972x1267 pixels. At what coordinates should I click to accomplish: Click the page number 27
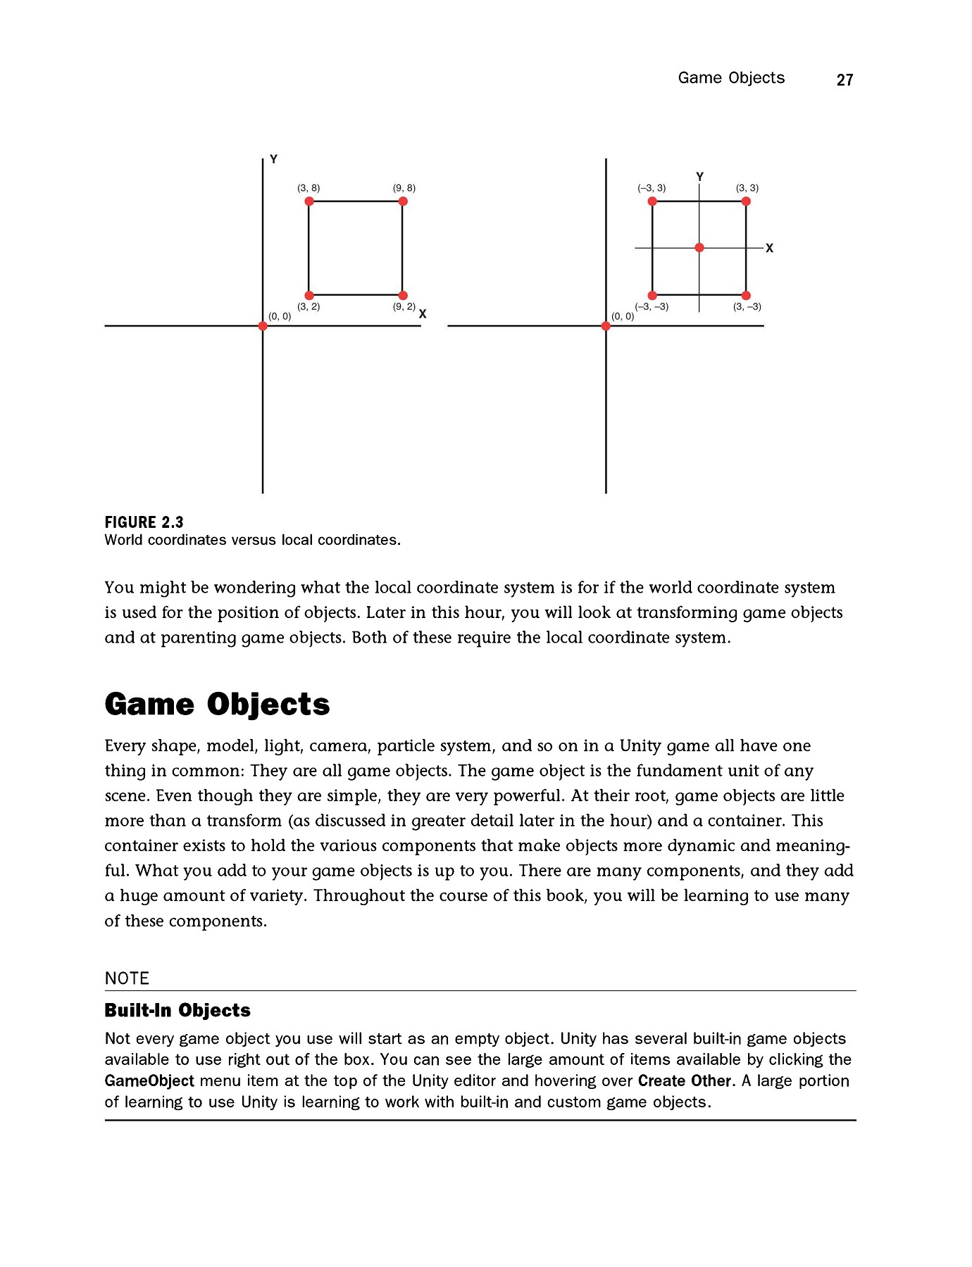[x=845, y=80]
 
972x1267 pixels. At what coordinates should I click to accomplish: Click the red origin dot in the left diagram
[x=263, y=326]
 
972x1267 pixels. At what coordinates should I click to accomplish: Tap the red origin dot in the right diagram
[x=606, y=326]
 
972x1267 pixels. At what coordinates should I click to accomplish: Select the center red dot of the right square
[x=699, y=248]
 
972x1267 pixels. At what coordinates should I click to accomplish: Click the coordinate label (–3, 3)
[x=652, y=188]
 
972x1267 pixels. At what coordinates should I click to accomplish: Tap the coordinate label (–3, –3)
[x=652, y=307]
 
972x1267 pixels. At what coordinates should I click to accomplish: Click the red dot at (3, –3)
[x=746, y=296]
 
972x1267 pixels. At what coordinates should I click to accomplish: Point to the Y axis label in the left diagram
[x=274, y=160]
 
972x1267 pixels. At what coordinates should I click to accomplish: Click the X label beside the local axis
[x=769, y=248]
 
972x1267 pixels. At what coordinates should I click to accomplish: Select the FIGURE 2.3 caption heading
[x=144, y=522]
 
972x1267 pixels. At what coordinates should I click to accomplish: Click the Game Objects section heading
[x=217, y=705]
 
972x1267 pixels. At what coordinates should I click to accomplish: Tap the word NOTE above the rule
[x=127, y=978]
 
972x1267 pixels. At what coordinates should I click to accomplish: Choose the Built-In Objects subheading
[x=177, y=1011]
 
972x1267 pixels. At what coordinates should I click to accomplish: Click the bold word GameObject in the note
[x=149, y=1080]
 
